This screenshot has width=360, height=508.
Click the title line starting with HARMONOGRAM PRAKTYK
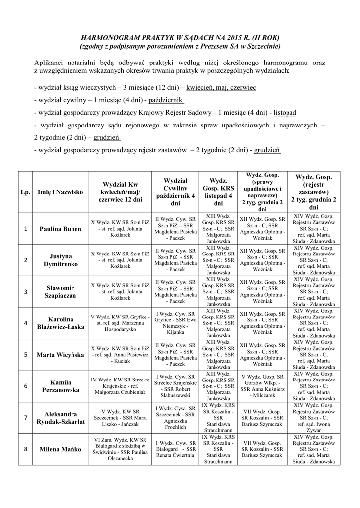pos(180,38)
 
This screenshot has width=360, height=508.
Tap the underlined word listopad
pos(288,113)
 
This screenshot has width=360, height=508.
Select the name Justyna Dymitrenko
pos(61,260)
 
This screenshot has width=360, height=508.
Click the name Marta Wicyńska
pos(61,355)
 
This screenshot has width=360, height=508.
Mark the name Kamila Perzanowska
pos(61,386)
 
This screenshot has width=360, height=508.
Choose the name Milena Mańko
pos(61,450)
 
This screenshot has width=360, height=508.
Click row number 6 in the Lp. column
pos(25,386)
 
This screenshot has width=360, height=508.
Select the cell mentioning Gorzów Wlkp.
pos(262,386)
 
